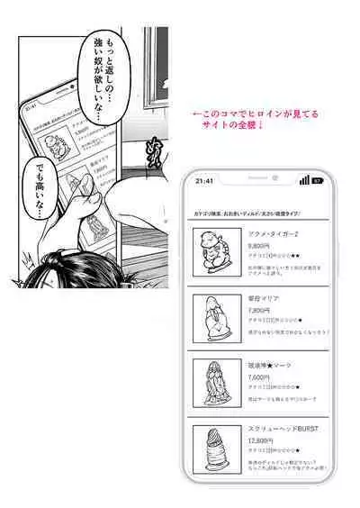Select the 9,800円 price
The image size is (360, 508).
258,245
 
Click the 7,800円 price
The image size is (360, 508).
258,311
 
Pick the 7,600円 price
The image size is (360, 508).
258,377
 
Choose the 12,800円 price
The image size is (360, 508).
260,441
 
